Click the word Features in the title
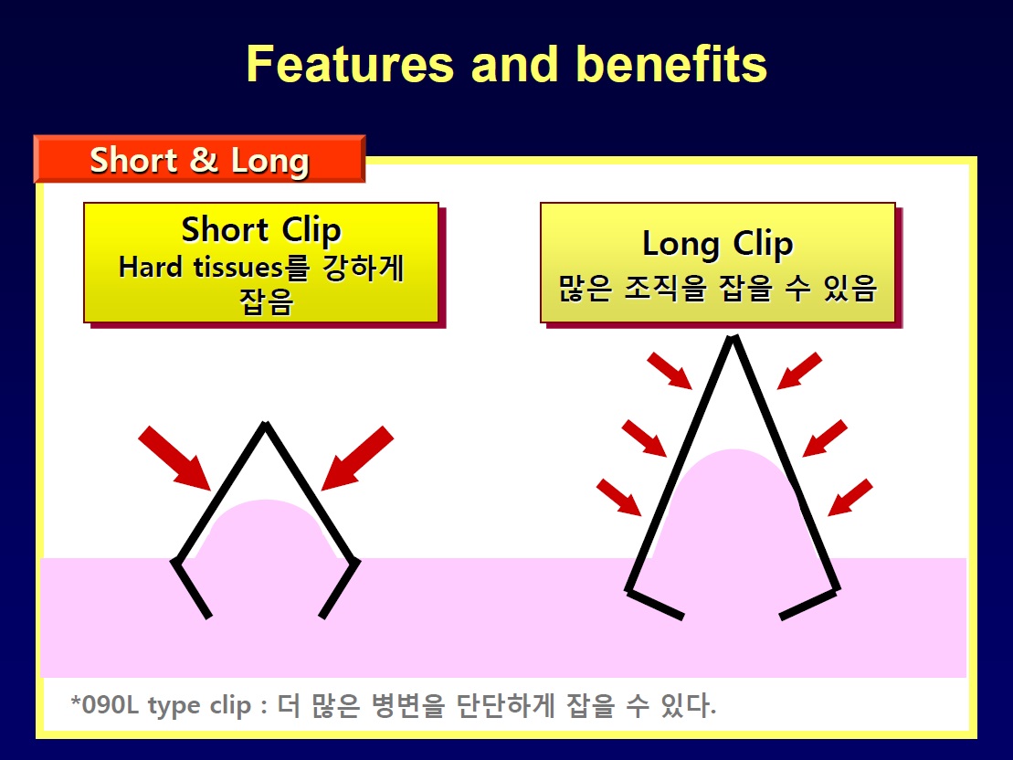point(350,65)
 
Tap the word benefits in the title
point(671,65)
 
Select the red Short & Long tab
point(200,159)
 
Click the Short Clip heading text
point(261,231)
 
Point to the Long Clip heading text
point(718,244)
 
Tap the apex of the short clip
point(266,424)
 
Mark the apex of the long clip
point(733,337)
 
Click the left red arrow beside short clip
point(174,458)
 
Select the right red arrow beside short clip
point(357,458)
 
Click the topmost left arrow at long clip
point(670,370)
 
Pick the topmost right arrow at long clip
point(799,370)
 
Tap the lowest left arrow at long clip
point(619,497)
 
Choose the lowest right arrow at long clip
point(850,497)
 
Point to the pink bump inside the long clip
point(733,504)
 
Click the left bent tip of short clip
point(208,617)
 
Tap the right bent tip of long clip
point(782,617)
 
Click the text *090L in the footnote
point(104,703)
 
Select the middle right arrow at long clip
point(825,438)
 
